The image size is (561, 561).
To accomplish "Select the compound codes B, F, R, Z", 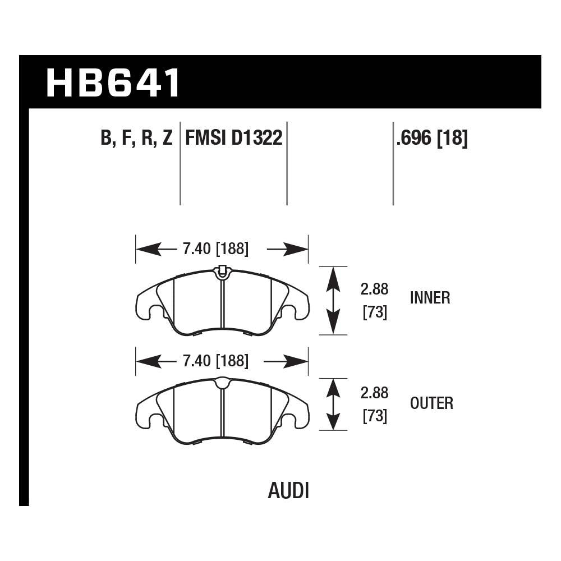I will [x=136, y=137].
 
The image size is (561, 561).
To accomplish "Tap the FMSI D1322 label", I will [x=233, y=137].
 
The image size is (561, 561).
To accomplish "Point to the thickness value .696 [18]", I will [x=431, y=137].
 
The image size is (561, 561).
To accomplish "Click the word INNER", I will [x=430, y=297].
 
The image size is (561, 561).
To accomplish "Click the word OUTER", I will [x=431, y=403].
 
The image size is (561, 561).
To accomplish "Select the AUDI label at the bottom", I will [x=288, y=491].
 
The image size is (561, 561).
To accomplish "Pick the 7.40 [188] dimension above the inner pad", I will [x=215, y=249].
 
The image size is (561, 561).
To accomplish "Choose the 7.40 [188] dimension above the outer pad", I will [x=215, y=361].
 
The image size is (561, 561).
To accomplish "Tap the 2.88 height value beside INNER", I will [x=374, y=289].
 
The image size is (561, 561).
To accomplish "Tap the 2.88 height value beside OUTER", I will [x=374, y=393].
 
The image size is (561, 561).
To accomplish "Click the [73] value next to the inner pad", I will [x=375, y=312].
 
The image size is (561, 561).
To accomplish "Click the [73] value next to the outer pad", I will [x=375, y=416].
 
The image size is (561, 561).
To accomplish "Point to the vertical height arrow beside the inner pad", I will [x=333, y=300].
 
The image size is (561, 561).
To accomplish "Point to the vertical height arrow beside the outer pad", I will [x=333, y=404].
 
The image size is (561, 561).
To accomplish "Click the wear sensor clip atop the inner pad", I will [x=222, y=272].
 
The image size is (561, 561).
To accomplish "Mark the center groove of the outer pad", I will [x=222, y=412].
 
